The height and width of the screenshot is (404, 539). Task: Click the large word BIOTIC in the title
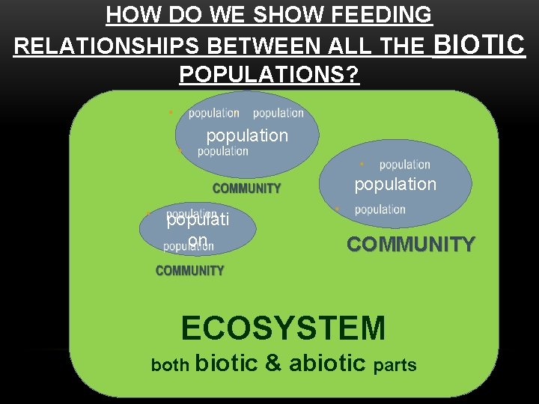pos(479,44)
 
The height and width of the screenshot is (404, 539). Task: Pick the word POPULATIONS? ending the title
pos(269,75)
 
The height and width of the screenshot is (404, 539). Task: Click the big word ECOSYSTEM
pos(283,328)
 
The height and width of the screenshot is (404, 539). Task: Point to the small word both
pos(170,365)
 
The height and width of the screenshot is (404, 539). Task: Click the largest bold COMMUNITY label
pos(410,245)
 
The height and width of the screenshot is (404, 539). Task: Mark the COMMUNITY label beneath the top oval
pos(247,189)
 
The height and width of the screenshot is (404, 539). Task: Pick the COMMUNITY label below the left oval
pos(189,271)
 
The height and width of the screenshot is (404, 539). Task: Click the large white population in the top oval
pos(247,135)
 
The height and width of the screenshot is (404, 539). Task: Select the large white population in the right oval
pos(395,184)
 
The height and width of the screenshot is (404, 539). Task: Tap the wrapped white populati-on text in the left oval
pos(198,230)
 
